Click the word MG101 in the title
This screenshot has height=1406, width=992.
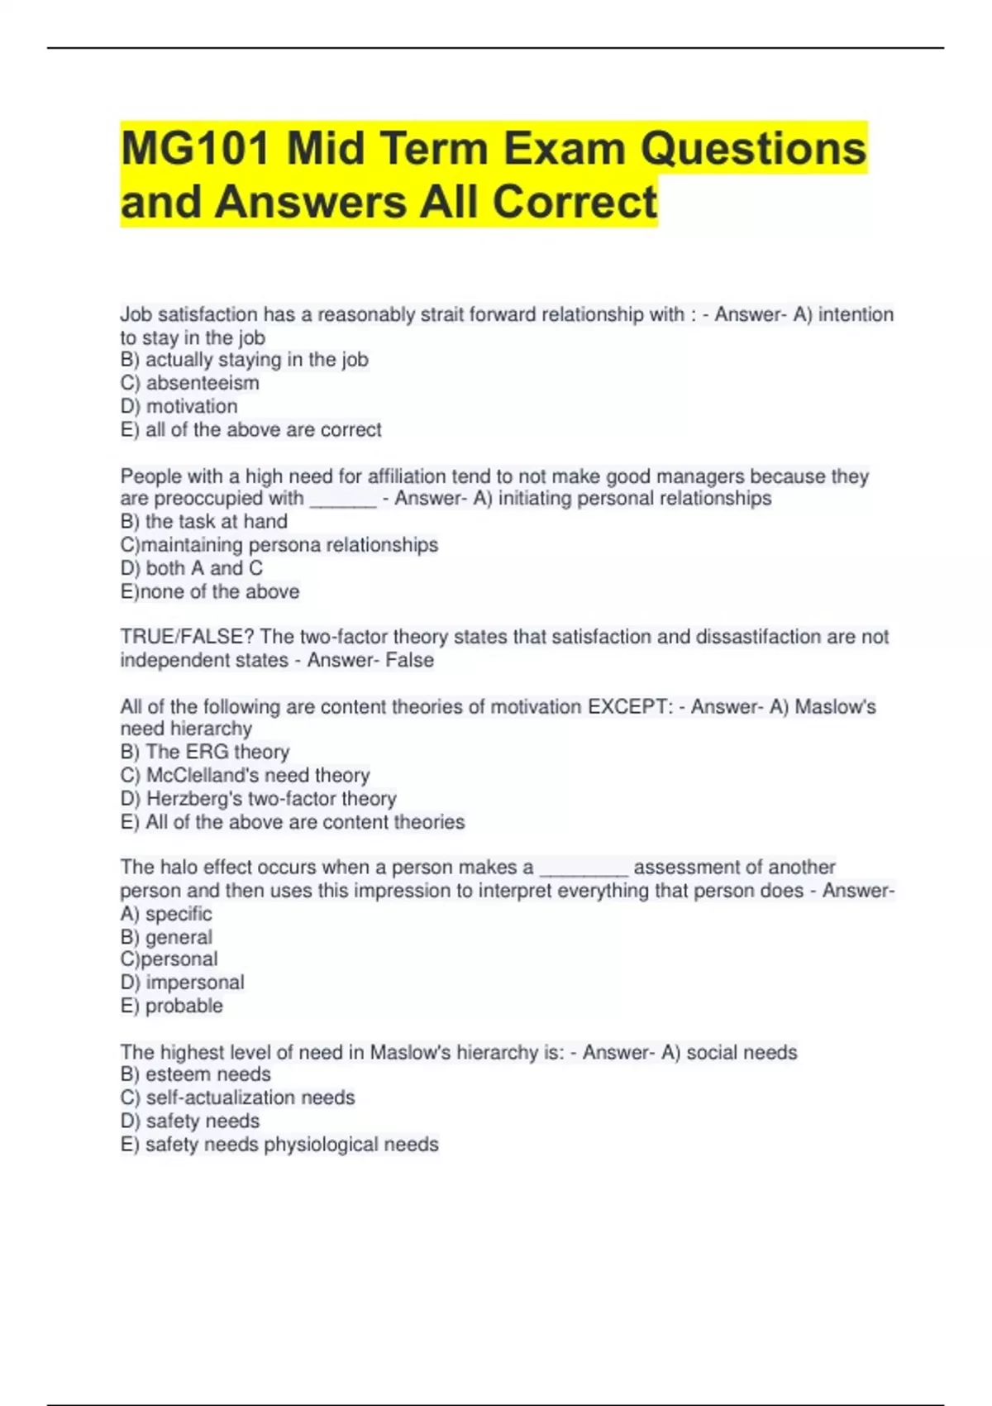coord(196,149)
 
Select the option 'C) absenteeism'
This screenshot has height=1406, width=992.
coord(190,383)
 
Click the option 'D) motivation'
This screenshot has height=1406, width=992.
coord(179,406)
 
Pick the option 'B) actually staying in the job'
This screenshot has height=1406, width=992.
coord(245,360)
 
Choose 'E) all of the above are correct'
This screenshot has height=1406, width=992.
coord(251,430)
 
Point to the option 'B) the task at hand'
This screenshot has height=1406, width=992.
coord(204,522)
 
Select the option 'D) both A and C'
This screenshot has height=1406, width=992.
coord(192,568)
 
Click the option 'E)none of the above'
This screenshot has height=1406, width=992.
coord(210,592)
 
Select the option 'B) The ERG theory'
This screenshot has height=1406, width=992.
coord(205,752)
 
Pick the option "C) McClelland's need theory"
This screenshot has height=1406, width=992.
coord(246,775)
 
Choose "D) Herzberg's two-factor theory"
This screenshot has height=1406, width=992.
coord(259,799)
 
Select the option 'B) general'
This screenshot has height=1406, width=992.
coord(166,937)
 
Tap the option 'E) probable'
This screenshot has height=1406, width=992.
coord(172,1006)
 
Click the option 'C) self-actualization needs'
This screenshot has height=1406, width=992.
coord(238,1098)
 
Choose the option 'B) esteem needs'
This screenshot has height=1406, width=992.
coord(196,1074)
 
